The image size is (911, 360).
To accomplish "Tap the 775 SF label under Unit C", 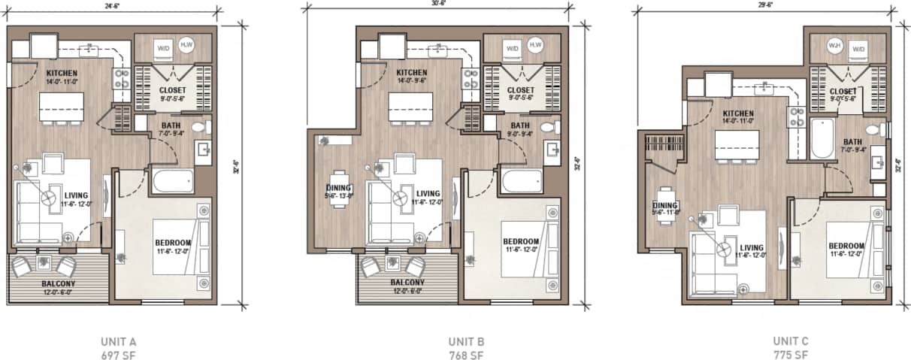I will (790, 355).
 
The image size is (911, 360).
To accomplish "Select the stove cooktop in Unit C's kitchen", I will (796, 118).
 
